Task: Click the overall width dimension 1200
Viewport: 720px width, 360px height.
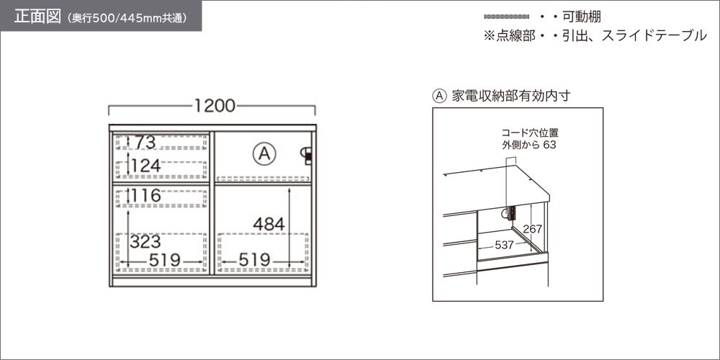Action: click(x=215, y=106)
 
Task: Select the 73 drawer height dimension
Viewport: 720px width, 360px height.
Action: click(x=145, y=143)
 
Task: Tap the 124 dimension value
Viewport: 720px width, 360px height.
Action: click(x=145, y=166)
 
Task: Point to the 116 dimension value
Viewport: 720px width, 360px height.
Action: click(x=145, y=196)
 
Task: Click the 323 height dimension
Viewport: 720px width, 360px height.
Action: click(x=145, y=241)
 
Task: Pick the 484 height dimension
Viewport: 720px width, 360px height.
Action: click(x=269, y=225)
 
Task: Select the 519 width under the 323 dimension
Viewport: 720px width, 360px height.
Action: click(x=164, y=261)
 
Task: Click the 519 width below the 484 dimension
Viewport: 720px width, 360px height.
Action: click(x=254, y=261)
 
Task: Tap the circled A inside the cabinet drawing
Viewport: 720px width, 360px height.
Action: click(x=264, y=154)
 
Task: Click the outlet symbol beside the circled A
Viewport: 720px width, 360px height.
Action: click(x=307, y=156)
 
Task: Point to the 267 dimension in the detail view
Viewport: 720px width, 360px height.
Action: click(x=533, y=229)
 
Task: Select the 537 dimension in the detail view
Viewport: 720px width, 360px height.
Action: click(x=504, y=246)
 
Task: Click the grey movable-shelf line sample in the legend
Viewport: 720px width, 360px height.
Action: click(x=506, y=17)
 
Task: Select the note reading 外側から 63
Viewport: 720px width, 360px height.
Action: click(x=529, y=145)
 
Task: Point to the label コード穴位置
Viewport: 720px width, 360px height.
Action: click(x=530, y=134)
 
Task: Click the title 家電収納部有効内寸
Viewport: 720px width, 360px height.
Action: click(x=510, y=96)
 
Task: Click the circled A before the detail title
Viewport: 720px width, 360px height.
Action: click(x=439, y=96)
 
